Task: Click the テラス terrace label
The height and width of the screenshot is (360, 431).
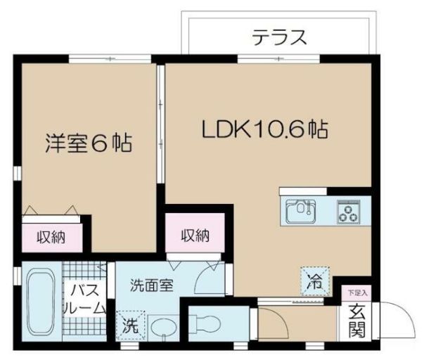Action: click(279, 36)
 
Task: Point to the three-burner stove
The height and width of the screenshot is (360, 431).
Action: click(348, 211)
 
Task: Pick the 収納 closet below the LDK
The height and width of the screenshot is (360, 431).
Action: click(195, 235)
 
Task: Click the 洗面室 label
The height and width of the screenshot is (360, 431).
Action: click(151, 286)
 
